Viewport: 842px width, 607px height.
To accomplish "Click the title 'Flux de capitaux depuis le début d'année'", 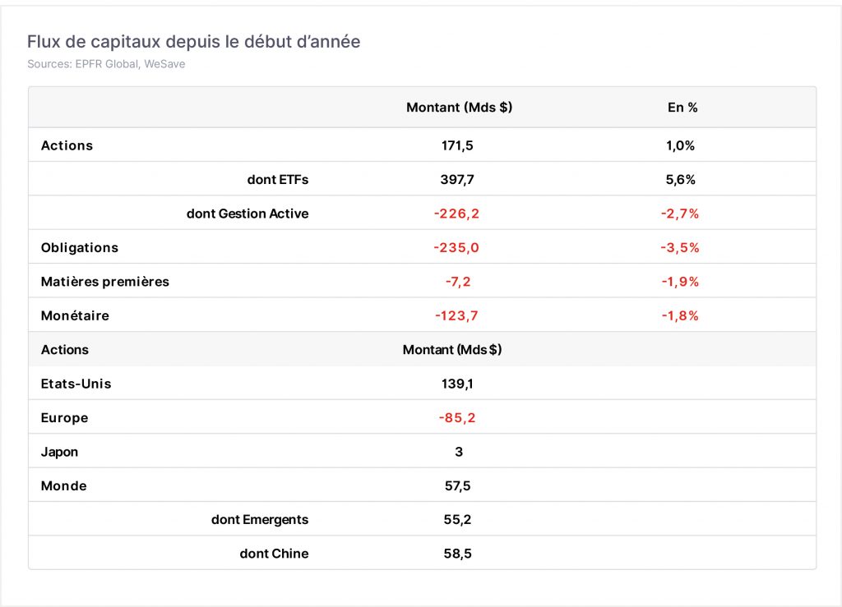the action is pyautogui.click(x=194, y=42).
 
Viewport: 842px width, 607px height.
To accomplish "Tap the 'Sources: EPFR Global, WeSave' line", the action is pyautogui.click(x=106, y=64).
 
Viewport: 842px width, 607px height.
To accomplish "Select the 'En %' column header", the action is pyautogui.click(x=682, y=108).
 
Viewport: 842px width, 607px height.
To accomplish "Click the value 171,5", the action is pyautogui.click(x=457, y=145).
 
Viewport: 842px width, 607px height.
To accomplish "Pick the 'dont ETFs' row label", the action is pyautogui.click(x=278, y=180).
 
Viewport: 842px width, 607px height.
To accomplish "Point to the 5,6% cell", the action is pyautogui.click(x=680, y=180).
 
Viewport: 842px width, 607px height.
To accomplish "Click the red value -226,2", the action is pyautogui.click(x=456, y=214).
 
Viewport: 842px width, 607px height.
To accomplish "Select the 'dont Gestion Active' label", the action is pyautogui.click(x=248, y=214).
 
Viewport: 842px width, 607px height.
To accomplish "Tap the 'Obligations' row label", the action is pyautogui.click(x=80, y=248).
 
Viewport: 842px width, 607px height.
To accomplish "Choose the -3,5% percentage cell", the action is pyautogui.click(x=680, y=248).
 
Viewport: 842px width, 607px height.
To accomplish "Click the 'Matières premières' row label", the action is pyautogui.click(x=104, y=282).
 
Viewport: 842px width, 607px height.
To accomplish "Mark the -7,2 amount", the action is pyautogui.click(x=458, y=282).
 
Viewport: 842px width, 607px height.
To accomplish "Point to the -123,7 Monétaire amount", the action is pyautogui.click(x=456, y=316).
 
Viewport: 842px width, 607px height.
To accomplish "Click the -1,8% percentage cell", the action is pyautogui.click(x=680, y=316).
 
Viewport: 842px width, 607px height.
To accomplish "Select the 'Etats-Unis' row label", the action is pyautogui.click(x=76, y=384).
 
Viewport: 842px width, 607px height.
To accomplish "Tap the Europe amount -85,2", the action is pyautogui.click(x=457, y=418).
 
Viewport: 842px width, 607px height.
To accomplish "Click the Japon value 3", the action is pyautogui.click(x=459, y=452).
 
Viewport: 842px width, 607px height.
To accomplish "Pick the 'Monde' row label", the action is pyautogui.click(x=63, y=485).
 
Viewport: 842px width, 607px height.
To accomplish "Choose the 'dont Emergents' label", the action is pyautogui.click(x=260, y=520).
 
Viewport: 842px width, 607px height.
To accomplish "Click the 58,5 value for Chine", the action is pyautogui.click(x=457, y=554).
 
